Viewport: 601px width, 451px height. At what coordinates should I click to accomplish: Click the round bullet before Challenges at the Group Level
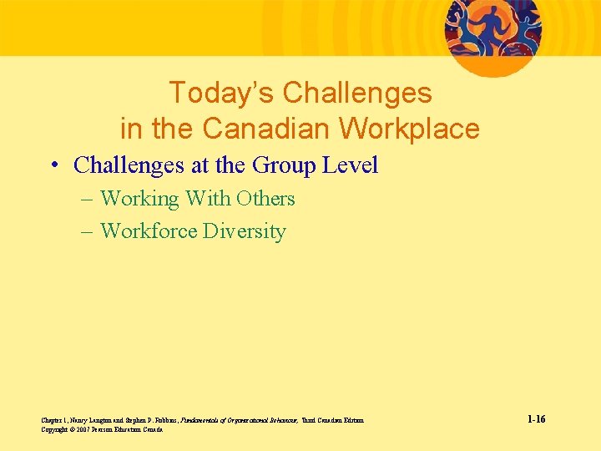(52, 165)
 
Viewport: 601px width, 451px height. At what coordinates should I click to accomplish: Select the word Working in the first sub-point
(139, 199)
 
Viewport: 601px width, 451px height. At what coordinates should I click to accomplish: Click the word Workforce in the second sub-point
(148, 231)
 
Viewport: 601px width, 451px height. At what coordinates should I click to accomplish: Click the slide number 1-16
(536, 419)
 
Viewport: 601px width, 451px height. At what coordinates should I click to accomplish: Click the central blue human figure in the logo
(492, 26)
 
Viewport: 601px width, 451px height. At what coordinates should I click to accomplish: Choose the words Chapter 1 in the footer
(52, 420)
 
